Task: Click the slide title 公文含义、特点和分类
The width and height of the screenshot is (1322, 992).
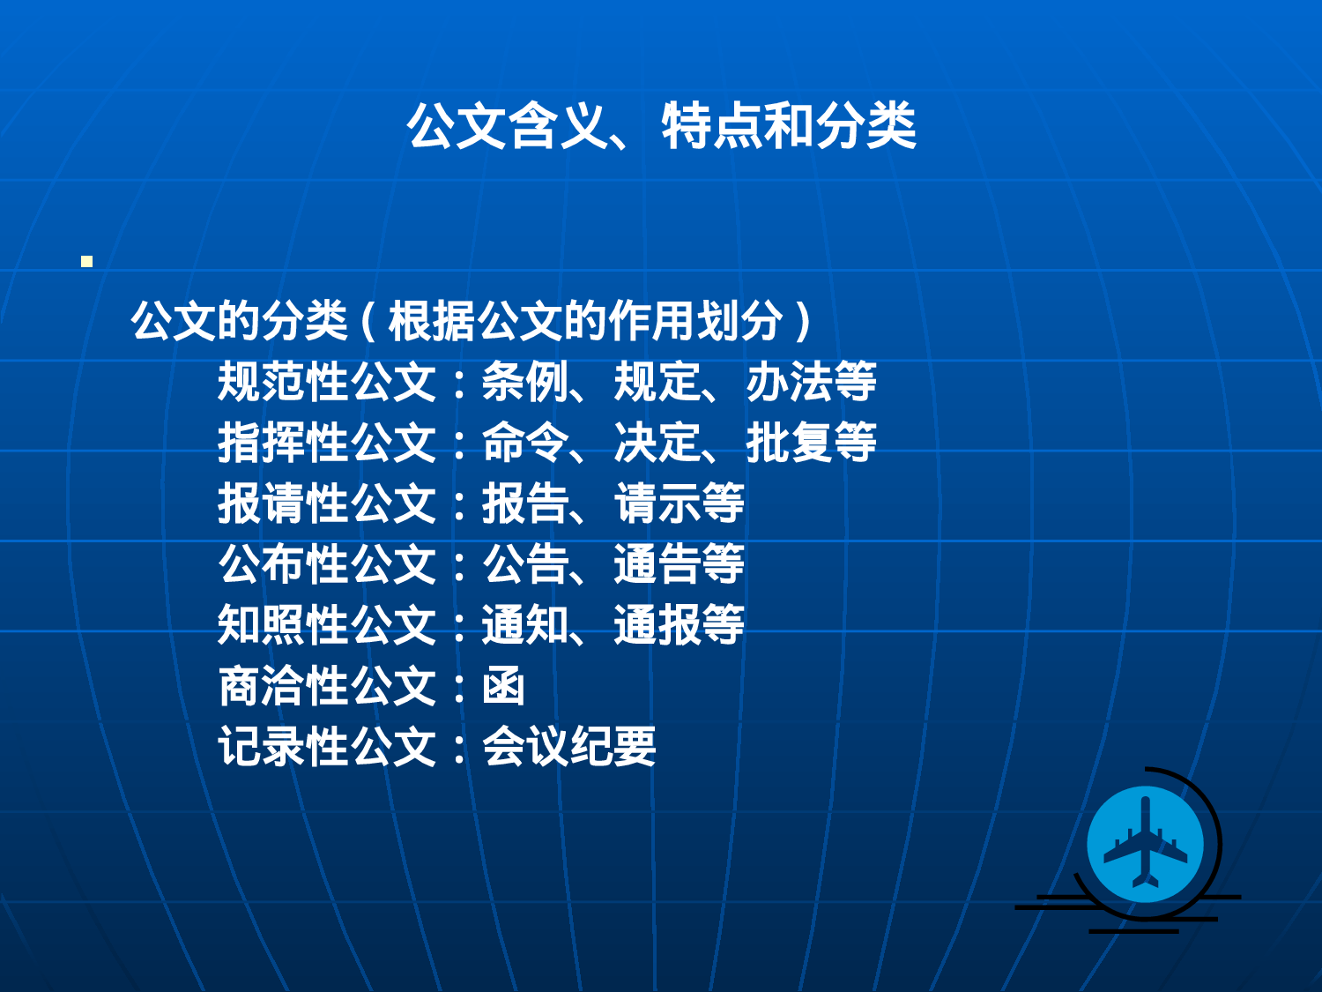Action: tap(661, 126)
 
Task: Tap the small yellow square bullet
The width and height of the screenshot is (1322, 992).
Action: tap(86, 261)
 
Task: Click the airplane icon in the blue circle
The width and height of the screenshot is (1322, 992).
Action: tap(1145, 843)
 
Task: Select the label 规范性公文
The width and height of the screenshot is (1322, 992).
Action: tap(327, 382)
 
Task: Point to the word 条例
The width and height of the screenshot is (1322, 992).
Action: tap(524, 382)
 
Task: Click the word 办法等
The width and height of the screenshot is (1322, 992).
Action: tap(811, 382)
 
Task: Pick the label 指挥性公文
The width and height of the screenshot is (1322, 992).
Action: tap(327, 443)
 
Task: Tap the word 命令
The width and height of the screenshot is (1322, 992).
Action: tap(524, 443)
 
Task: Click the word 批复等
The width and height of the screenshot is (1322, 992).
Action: tap(811, 443)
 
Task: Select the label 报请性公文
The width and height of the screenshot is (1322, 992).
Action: tap(327, 503)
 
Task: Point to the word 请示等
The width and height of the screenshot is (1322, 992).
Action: tap(679, 503)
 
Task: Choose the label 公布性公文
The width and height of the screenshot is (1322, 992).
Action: tap(327, 564)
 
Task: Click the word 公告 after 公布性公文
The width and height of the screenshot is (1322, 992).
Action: tap(524, 564)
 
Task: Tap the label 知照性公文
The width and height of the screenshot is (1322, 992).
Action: tap(327, 625)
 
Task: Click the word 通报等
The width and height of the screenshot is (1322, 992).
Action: tap(679, 625)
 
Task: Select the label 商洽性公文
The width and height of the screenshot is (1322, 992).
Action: tap(327, 686)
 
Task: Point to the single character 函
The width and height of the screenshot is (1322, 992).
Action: tap(503, 686)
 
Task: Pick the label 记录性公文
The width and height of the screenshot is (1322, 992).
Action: tap(327, 747)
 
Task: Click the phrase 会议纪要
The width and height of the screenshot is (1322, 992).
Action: tap(568, 747)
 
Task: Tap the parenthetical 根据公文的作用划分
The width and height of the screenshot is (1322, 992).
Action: tap(585, 321)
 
